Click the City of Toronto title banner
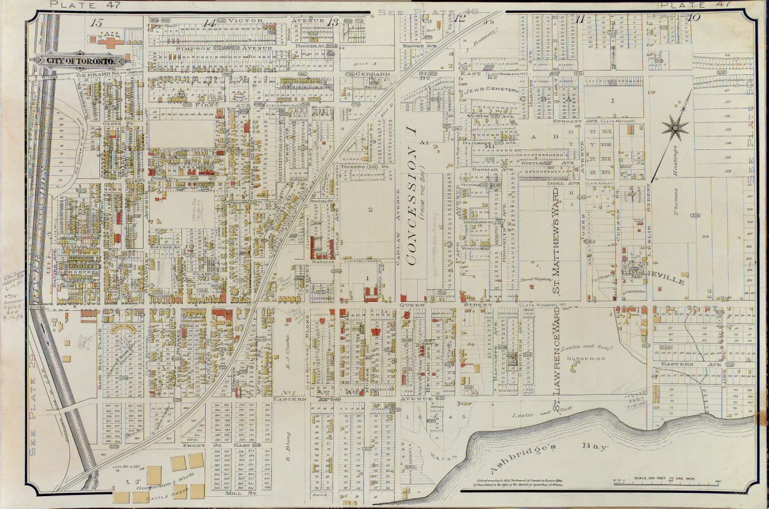pyautogui.click(x=80, y=60)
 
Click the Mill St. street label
pyautogui.click(x=240, y=494)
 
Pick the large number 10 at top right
pyautogui.click(x=693, y=18)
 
